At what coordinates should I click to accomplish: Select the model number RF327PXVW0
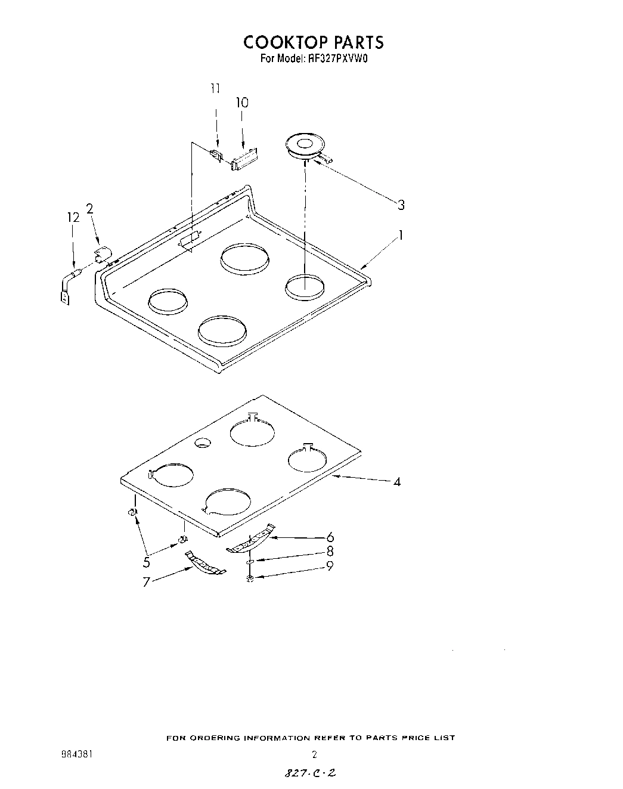(x=336, y=59)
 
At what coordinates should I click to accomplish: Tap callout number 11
(x=215, y=88)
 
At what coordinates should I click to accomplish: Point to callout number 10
(x=241, y=103)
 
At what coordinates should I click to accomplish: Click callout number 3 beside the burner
(x=401, y=205)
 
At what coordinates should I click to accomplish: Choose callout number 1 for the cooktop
(x=402, y=236)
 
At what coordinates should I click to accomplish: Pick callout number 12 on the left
(x=73, y=218)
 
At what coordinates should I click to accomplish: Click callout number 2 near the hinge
(x=89, y=208)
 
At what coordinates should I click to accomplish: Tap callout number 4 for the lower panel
(x=397, y=481)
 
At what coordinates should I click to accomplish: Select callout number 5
(x=147, y=561)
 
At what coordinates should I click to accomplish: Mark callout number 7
(x=147, y=582)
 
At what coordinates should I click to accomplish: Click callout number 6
(x=330, y=537)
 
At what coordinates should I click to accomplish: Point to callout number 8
(x=330, y=552)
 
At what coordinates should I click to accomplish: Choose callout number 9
(x=330, y=565)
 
